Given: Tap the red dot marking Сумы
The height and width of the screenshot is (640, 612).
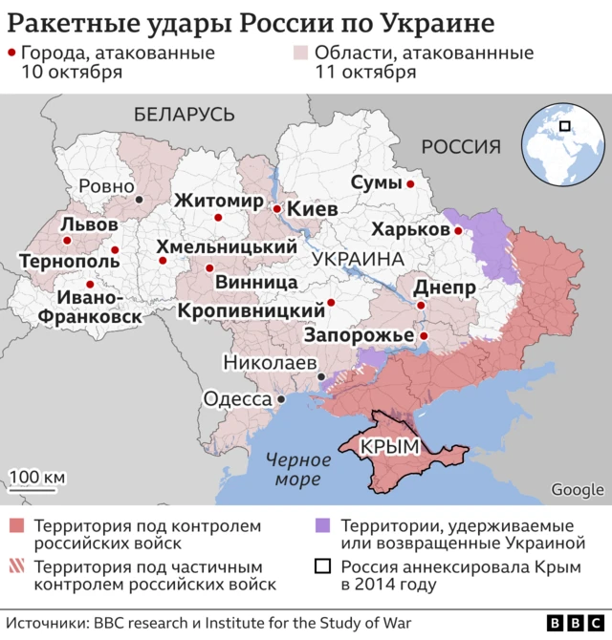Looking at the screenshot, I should pos(410,183).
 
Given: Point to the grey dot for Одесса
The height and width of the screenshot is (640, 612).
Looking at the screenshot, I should pos(281,399).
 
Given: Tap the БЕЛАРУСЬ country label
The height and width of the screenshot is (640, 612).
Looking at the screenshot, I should pos(185,115).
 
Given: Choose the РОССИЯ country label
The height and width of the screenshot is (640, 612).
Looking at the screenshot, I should pos(461,146).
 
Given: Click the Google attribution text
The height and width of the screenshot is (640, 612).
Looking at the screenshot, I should pos(577,490).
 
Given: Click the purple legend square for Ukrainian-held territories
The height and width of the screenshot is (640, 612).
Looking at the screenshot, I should pos(322,525).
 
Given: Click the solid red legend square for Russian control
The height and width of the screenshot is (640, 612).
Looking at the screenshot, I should pos(16,525).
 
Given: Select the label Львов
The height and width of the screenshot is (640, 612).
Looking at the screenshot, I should pos(89,224).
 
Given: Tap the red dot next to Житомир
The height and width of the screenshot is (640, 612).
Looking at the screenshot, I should pos(219,218).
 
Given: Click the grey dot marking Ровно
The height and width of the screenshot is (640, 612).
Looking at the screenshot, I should pos(140,199).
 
